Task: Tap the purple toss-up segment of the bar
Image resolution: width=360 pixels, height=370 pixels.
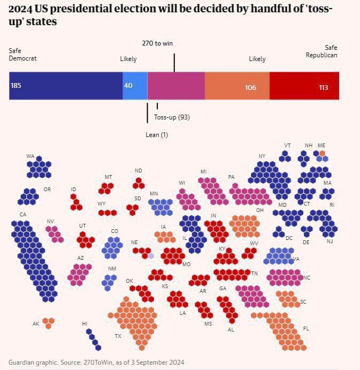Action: point(176,86)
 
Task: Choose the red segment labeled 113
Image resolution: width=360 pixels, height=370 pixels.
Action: point(304,86)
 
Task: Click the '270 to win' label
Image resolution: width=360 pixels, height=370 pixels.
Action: point(157,43)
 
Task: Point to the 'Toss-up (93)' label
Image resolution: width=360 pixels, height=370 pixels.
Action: point(172,117)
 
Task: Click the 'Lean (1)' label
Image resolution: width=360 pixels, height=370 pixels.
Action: point(157,135)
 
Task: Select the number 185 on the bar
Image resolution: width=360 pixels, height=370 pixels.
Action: point(16,86)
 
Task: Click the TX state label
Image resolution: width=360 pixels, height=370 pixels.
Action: point(118,336)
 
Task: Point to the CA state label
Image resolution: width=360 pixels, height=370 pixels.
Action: point(23,215)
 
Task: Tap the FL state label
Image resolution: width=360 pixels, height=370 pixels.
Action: point(306,328)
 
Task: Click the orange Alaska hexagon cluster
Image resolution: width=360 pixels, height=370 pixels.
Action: point(49,323)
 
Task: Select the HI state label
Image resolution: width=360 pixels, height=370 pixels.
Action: point(85,323)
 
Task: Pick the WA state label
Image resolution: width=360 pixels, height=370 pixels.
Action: point(30,156)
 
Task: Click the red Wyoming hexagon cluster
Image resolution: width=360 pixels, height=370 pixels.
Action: point(108,213)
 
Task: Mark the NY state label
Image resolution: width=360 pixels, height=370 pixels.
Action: point(262,156)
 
